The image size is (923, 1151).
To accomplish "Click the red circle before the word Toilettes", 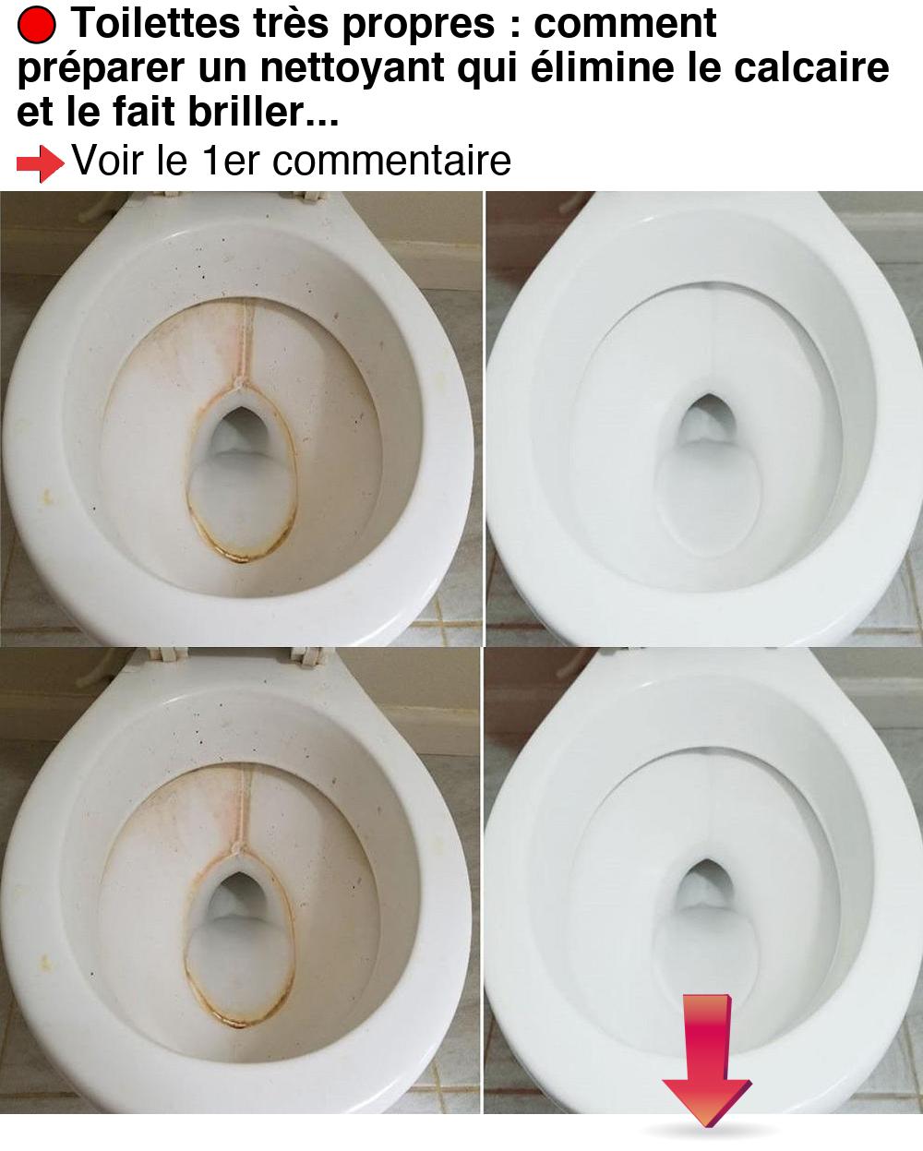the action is tap(36, 26).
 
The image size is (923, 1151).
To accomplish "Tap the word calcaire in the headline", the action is tap(811, 67).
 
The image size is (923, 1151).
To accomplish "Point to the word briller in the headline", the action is tap(246, 112).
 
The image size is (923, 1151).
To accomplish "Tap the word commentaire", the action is tap(391, 161).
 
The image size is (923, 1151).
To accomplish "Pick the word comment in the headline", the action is tap(625, 23).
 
